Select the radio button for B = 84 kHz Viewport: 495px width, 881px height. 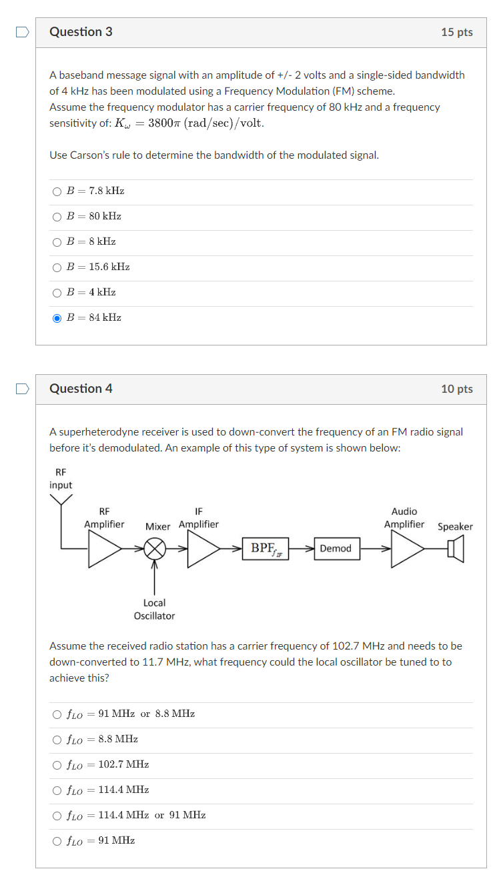57,318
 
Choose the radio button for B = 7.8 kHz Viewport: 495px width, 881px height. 57,191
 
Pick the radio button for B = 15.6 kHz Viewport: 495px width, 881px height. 57,267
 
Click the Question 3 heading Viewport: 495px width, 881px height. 81,32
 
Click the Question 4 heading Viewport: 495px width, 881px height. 81,389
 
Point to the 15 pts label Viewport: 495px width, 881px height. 456,32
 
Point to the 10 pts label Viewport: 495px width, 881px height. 456,389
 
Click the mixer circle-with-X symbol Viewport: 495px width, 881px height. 155,549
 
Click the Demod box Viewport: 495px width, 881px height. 336,549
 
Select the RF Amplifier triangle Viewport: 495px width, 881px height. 103,549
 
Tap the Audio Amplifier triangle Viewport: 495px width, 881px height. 406,549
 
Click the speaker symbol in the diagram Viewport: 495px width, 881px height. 456,549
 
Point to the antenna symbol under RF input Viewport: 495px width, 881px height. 61,500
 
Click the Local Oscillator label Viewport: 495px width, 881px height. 154,609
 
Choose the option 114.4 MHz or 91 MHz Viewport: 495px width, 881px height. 57,816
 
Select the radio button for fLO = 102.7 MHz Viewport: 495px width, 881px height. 57,765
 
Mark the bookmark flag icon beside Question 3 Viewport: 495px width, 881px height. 23,32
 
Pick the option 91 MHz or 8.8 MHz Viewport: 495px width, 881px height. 57,714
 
